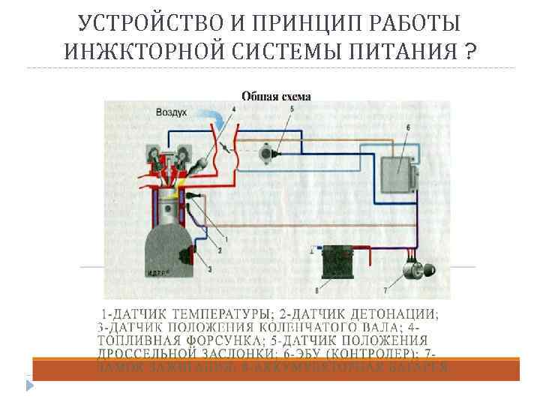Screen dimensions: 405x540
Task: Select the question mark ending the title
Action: click(469, 52)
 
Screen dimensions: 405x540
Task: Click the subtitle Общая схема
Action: click(276, 95)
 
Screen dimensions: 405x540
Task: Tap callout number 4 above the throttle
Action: click(233, 109)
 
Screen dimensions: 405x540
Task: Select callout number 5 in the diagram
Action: click(291, 109)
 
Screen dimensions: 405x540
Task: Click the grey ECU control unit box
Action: click(398, 175)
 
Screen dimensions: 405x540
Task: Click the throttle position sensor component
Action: click(267, 154)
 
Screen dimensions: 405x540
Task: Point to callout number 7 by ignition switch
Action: click(385, 289)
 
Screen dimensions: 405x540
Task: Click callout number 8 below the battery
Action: click(316, 289)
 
